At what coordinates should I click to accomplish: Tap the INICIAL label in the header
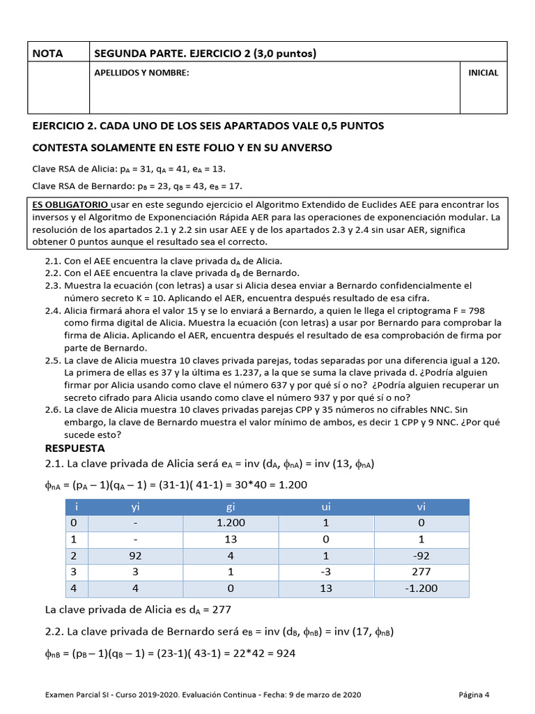point(483,73)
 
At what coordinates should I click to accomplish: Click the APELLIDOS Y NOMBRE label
point(141,73)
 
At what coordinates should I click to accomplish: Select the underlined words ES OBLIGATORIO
point(70,205)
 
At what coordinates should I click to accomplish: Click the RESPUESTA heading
point(75,448)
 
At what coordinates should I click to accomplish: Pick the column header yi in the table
point(135,508)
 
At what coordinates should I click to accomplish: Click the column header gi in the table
point(231,508)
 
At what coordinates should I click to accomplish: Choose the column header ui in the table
point(326,508)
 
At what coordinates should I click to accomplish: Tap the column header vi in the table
point(421,508)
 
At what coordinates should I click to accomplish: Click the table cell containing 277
point(421,572)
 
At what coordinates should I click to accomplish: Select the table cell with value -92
point(421,556)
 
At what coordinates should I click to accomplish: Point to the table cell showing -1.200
point(421,588)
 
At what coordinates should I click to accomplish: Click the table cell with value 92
point(135,556)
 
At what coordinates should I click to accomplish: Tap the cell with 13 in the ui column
point(326,588)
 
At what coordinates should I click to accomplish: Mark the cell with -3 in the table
point(326,572)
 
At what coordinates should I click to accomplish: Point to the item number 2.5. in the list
point(53,360)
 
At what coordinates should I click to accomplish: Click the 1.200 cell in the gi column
point(231,524)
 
